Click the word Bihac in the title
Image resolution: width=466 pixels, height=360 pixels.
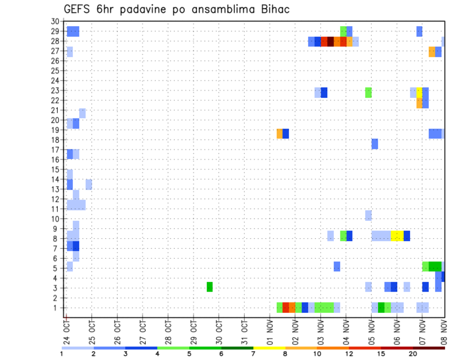(274, 9)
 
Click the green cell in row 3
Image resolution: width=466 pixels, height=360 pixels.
(210, 287)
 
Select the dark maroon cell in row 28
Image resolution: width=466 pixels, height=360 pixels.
(331, 41)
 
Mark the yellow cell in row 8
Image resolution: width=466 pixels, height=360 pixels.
(397, 236)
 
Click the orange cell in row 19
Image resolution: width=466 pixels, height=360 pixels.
(280, 133)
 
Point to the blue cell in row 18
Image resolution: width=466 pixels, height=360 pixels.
(375, 144)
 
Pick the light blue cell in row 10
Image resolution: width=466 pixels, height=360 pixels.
(368, 215)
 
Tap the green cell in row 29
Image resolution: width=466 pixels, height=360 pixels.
(343, 31)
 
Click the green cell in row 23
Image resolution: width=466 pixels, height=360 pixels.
(368, 92)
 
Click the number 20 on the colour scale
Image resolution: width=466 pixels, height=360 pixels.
(413, 354)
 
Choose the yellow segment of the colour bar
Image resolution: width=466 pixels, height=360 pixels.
(269, 348)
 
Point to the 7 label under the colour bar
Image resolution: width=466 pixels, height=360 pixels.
(253, 354)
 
